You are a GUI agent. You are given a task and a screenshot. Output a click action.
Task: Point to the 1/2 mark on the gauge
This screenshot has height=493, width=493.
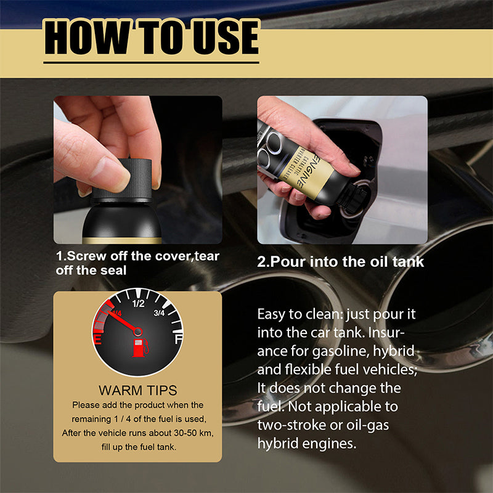[x=138, y=303]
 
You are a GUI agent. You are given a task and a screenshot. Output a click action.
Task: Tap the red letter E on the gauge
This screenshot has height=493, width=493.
[x=97, y=339]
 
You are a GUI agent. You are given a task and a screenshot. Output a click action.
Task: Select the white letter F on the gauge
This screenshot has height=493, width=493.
[x=178, y=339]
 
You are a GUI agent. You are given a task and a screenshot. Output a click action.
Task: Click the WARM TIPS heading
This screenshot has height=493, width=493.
[x=137, y=390]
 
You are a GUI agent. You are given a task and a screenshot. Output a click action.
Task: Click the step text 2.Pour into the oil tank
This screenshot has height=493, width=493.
[x=340, y=261]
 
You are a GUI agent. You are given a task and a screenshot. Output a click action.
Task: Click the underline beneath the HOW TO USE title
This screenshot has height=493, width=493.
[x=151, y=62]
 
